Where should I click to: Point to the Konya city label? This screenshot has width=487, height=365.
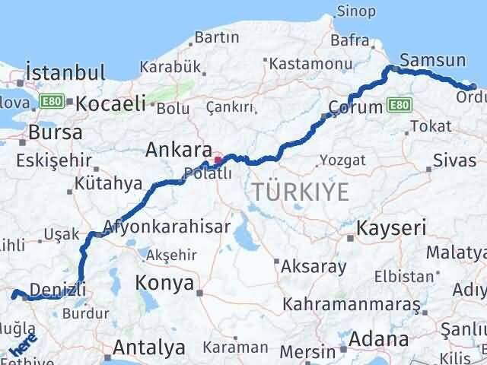[164, 283]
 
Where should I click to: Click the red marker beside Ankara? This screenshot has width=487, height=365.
[218, 160]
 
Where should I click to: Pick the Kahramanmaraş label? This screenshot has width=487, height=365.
[351, 304]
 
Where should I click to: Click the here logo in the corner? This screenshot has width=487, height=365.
[21, 346]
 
